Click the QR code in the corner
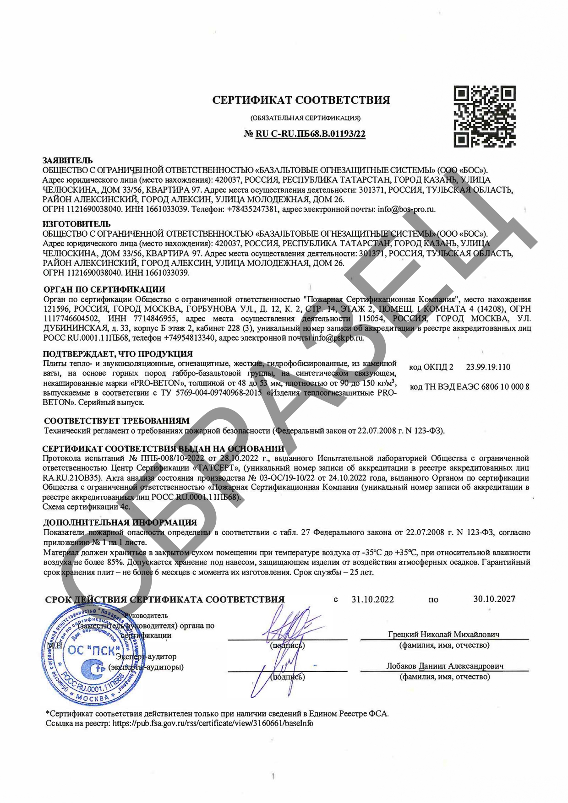coord(484,116)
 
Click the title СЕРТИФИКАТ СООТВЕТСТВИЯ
coord(301,100)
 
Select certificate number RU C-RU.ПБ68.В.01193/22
coord(310,134)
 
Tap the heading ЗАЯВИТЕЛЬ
coord(67,160)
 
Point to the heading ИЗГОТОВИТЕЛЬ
coord(76,224)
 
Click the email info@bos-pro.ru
coord(406,209)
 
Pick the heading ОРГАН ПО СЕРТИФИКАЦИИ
coord(104,289)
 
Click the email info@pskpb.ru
coord(338,338)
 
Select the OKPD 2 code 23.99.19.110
coord(488,367)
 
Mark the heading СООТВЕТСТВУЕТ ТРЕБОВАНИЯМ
coord(116,421)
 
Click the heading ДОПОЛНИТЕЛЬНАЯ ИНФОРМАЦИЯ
coord(120,522)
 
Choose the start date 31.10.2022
coord(372,599)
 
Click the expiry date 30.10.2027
coord(494,599)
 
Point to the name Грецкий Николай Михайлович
coord(443,635)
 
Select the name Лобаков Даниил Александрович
coord(444,666)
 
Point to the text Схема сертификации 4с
coord(86,507)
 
